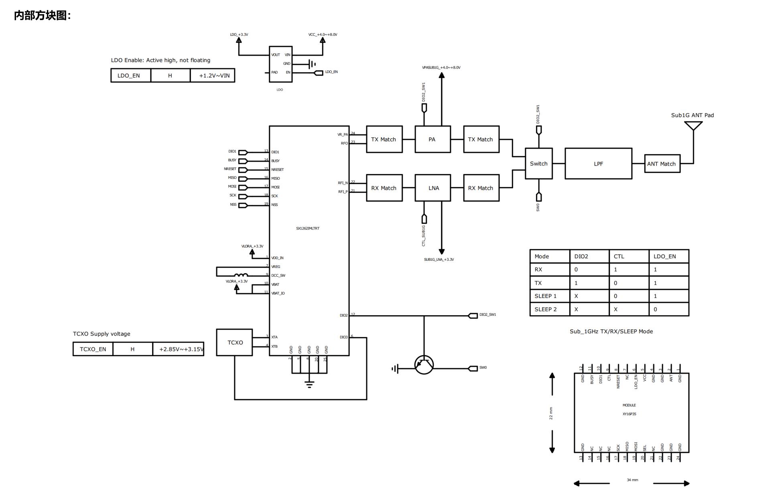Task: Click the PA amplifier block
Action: pos(433,139)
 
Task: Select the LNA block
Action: pos(433,188)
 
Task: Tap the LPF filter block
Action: pos(598,164)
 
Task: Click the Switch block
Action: pos(538,164)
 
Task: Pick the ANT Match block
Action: pos(662,164)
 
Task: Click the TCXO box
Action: pos(235,343)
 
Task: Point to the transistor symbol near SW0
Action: pos(424,365)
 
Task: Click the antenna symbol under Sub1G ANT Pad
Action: pos(693,126)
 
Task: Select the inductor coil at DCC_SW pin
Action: pos(241,275)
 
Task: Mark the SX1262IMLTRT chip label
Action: pos(308,228)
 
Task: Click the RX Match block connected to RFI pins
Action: pos(384,188)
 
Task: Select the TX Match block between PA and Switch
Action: pos(481,139)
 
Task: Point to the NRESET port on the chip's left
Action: pos(243,170)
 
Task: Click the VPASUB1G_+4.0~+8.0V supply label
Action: pos(441,67)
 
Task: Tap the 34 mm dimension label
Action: pos(632,480)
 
